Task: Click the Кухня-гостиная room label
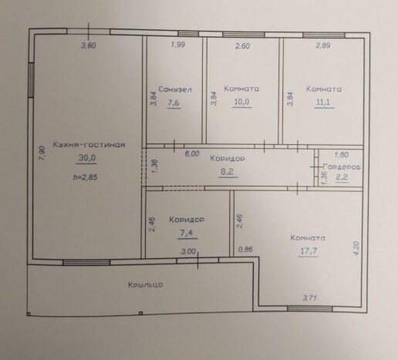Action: coord(89,145)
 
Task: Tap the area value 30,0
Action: coord(87,157)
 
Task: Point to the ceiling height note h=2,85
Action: coord(86,177)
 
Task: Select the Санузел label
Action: coord(175,89)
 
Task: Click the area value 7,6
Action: coord(174,103)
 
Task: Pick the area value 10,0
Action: coord(241,102)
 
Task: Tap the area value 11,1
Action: coord(323,103)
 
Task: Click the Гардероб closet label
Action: coord(342,167)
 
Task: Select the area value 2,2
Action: coord(342,177)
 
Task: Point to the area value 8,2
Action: coord(228,172)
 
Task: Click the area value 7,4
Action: coord(187,233)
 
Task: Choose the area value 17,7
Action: coord(309,251)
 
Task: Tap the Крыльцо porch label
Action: coord(146,284)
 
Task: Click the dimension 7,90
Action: coord(42,153)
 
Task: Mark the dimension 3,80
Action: coord(89,45)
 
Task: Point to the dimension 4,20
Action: coord(356,247)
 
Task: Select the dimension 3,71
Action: coord(309,298)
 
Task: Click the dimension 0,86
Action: coord(245,249)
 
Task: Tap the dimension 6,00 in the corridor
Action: coord(192,153)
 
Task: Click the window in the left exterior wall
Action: coord(31,80)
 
